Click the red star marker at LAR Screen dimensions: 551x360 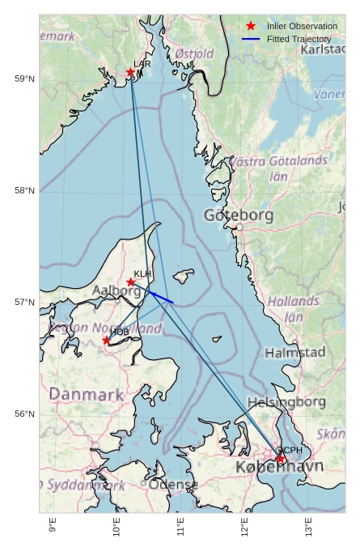pyautogui.click(x=130, y=72)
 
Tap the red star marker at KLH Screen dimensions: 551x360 pyautogui.click(x=131, y=282)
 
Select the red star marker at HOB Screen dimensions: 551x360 pyautogui.click(x=106, y=341)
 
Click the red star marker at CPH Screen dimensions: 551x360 pyautogui.click(x=281, y=460)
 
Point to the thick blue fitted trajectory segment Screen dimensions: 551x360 pyautogui.click(x=161, y=298)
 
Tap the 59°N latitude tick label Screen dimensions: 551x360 pyautogui.click(x=25, y=78)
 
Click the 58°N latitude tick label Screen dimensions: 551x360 pyautogui.click(x=25, y=191)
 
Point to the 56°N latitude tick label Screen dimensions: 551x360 pyautogui.click(x=25, y=414)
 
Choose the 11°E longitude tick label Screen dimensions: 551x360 pyautogui.click(x=181, y=528)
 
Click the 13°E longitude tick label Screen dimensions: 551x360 pyautogui.click(x=309, y=528)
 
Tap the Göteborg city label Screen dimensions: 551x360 pyautogui.click(x=239, y=215)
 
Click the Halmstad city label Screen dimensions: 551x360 pyautogui.click(x=294, y=353)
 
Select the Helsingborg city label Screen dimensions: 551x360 pyautogui.click(x=286, y=402)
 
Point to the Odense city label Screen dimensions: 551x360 pyautogui.click(x=172, y=485)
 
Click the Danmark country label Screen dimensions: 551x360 pyautogui.click(x=87, y=395)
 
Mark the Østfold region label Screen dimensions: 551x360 pyautogui.click(x=194, y=53)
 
